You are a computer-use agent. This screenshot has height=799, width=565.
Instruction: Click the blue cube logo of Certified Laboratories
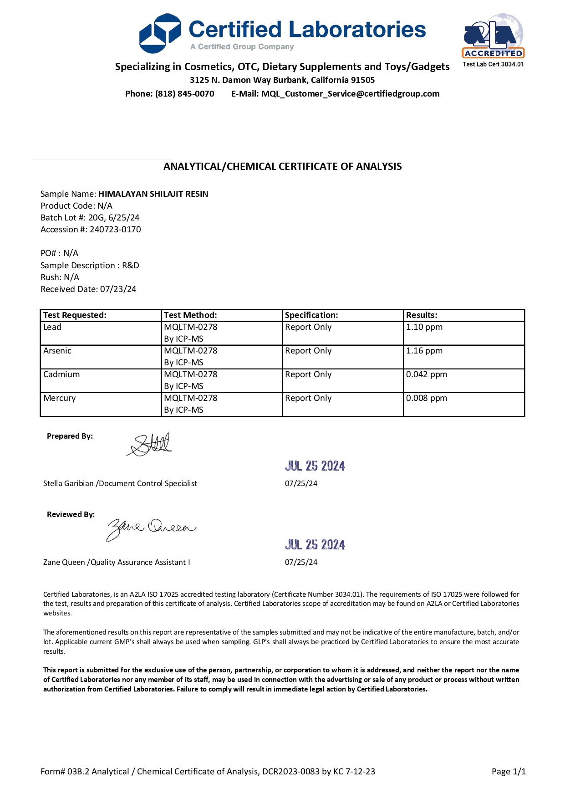click(160, 33)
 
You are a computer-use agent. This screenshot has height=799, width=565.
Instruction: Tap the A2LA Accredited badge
click(493, 36)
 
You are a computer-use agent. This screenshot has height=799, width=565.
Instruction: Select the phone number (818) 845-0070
click(184, 94)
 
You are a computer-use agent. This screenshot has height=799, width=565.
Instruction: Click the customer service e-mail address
click(350, 94)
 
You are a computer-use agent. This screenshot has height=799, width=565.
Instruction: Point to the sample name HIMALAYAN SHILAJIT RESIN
click(153, 194)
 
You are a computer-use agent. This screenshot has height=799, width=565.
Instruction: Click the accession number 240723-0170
click(115, 230)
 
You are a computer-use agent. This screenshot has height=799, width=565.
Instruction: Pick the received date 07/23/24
click(118, 289)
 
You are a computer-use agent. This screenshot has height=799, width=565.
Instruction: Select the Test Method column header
click(190, 315)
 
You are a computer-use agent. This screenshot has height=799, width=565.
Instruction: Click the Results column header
click(422, 315)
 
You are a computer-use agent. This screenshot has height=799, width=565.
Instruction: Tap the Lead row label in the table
click(52, 327)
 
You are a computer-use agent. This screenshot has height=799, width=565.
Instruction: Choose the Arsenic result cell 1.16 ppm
click(424, 351)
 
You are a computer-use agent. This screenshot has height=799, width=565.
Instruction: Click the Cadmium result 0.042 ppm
click(426, 374)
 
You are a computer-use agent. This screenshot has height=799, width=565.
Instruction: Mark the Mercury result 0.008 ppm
click(426, 398)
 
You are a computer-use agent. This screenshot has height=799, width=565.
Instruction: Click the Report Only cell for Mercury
click(308, 398)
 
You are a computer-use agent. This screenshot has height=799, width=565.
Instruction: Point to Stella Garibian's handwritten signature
click(150, 445)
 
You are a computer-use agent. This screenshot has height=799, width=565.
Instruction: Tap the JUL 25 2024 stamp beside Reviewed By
click(315, 545)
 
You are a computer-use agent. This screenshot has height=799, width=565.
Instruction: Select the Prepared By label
click(70, 436)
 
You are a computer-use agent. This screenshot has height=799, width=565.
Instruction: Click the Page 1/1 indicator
click(509, 772)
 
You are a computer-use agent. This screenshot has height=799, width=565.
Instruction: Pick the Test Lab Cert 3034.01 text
click(493, 64)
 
